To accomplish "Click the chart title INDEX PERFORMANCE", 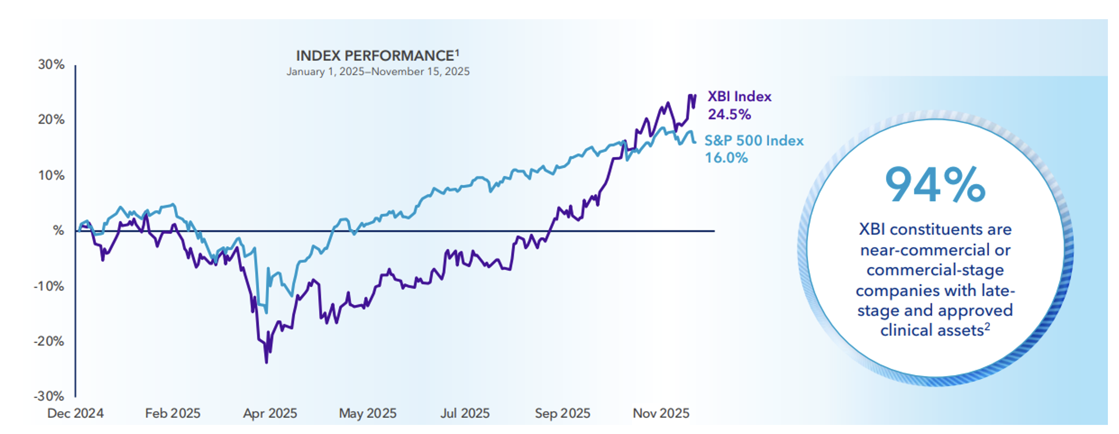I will (x=375, y=56).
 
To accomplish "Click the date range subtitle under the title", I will (x=378, y=72).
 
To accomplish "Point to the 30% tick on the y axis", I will (x=51, y=65).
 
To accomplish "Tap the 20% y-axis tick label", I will (x=51, y=120).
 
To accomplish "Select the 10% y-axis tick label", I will (x=51, y=176).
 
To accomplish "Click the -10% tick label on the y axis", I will (x=49, y=286).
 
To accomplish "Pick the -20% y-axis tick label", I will (x=49, y=341).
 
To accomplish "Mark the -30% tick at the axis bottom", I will (x=49, y=396).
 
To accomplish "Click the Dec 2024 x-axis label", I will (x=76, y=413).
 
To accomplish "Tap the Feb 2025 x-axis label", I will (x=173, y=413).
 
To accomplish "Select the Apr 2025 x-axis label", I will (x=270, y=413).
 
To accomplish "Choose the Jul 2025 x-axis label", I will (x=465, y=413).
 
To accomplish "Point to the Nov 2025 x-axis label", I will (x=661, y=413).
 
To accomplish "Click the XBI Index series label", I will (x=739, y=96).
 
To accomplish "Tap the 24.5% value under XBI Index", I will (x=729, y=115).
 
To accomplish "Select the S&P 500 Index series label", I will (x=754, y=140).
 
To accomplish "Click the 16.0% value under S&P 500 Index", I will (x=726, y=158).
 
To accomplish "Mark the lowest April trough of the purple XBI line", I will (x=266, y=362).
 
